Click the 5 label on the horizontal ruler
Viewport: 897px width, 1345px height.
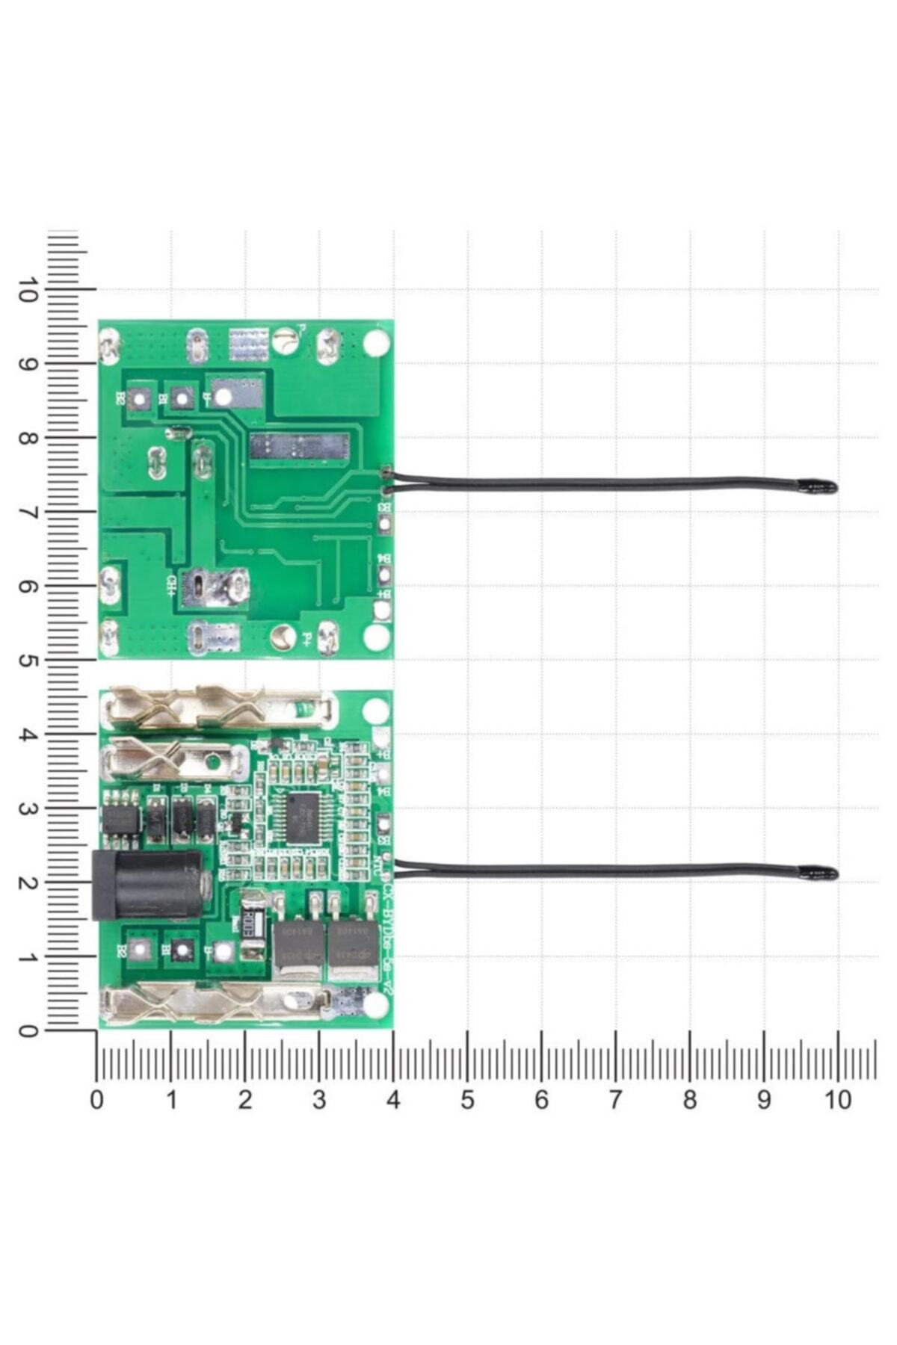(x=467, y=1100)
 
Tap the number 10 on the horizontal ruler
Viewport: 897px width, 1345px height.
(x=838, y=1100)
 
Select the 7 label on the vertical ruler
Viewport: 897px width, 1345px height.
(x=28, y=513)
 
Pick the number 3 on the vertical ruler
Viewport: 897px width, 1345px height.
(x=28, y=809)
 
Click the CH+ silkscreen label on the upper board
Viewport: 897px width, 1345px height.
(x=170, y=584)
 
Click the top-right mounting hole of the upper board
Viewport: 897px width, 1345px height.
(x=376, y=342)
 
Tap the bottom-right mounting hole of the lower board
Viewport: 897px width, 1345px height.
(x=376, y=1006)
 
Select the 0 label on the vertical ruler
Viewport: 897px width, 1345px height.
(x=28, y=1031)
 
